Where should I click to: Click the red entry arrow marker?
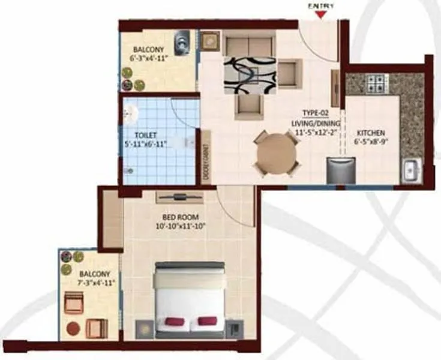[x=322, y=15]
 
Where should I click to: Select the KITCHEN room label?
[x=371, y=133]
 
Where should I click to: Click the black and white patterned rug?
[x=250, y=75]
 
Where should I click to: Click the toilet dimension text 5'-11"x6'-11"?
[x=145, y=144]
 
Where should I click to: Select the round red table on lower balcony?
[x=73, y=329]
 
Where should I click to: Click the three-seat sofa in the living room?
[x=250, y=45]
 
